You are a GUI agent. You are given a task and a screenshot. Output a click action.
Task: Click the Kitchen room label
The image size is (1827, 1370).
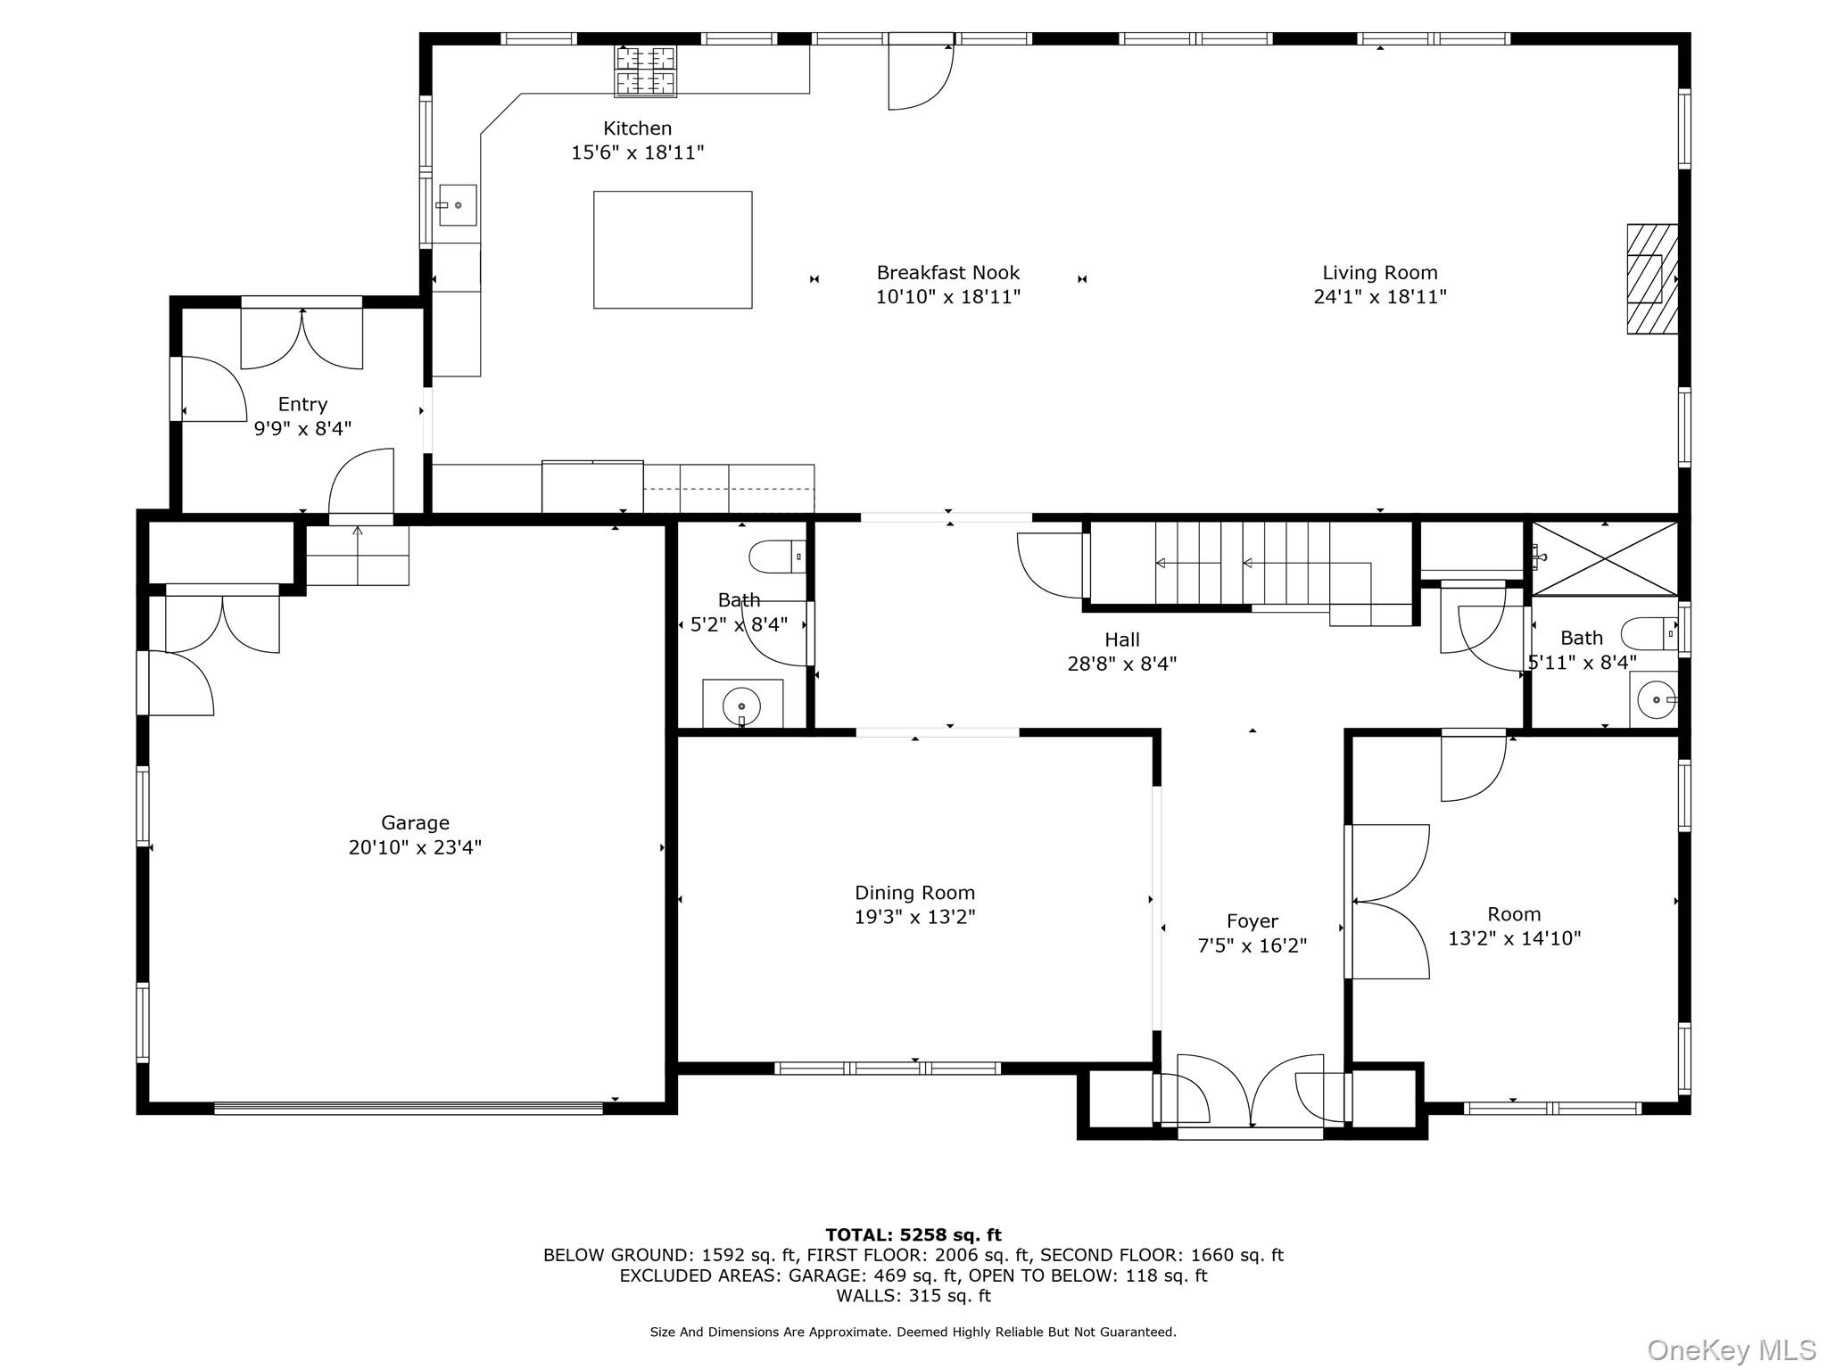pyautogui.click(x=637, y=128)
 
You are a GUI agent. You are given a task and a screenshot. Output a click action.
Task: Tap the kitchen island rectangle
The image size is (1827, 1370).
pyautogui.click(x=673, y=250)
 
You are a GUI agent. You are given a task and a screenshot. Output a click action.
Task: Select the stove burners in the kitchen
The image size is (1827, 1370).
pyautogui.click(x=645, y=70)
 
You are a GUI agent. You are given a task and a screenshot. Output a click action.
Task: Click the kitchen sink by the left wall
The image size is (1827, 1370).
pyautogui.click(x=457, y=205)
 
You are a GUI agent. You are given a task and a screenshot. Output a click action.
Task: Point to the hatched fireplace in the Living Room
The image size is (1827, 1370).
pyautogui.click(x=1652, y=279)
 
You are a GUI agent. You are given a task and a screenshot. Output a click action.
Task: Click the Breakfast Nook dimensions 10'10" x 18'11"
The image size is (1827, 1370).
pyautogui.click(x=947, y=297)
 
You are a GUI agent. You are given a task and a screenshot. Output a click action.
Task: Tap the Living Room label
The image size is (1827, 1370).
pyautogui.click(x=1379, y=273)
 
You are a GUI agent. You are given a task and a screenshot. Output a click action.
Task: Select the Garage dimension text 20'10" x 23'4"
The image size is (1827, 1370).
pyautogui.click(x=415, y=847)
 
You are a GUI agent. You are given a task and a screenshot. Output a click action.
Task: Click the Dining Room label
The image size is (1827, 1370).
pyautogui.click(x=914, y=893)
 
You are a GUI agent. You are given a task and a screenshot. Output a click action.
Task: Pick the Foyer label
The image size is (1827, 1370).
pyautogui.click(x=1252, y=921)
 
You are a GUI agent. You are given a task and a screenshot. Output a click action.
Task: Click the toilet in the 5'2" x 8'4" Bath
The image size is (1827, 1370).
pyautogui.click(x=777, y=557)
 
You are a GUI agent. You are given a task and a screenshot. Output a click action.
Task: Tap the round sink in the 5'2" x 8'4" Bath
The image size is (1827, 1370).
pyautogui.click(x=741, y=706)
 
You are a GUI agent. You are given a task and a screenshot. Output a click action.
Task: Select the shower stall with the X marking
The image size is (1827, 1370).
pyautogui.click(x=1605, y=558)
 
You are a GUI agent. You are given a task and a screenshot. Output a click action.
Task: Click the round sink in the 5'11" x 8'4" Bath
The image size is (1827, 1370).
pyautogui.click(x=1656, y=700)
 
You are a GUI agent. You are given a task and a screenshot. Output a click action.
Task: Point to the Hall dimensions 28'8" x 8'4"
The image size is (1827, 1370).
pyautogui.click(x=1121, y=664)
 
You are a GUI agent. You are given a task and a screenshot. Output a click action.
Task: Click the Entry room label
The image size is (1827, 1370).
pyautogui.click(x=302, y=405)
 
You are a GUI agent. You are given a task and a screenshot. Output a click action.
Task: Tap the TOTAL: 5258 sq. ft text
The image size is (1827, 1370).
pyautogui.click(x=913, y=1235)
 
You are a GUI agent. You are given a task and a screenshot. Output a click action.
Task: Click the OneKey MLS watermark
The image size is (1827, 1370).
pyautogui.click(x=1731, y=1350)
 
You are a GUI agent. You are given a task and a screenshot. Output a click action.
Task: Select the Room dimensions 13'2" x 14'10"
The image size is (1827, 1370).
pyautogui.click(x=1514, y=938)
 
